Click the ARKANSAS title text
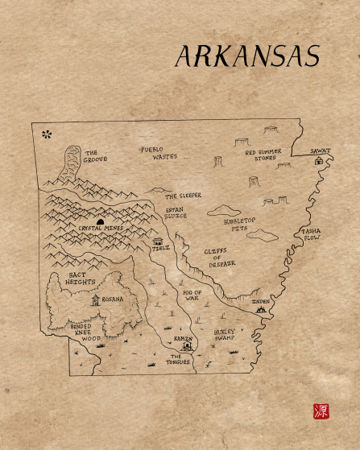click(247, 56)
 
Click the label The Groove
click(95, 155)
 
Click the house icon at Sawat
click(319, 160)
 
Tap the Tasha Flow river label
click(312, 234)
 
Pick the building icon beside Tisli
click(157, 241)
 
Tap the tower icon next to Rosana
click(96, 299)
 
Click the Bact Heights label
click(81, 279)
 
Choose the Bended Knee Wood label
click(86, 332)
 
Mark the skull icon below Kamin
click(187, 348)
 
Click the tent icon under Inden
click(260, 308)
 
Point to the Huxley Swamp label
click(230, 335)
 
